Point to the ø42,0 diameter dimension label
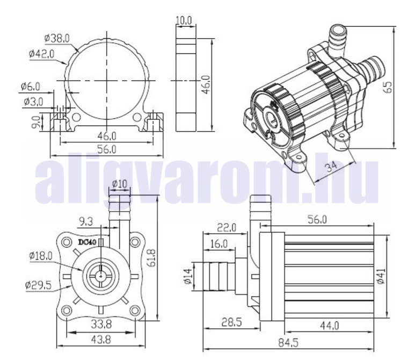(46, 53)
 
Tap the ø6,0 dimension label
(31, 85)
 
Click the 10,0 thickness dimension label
(184, 20)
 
